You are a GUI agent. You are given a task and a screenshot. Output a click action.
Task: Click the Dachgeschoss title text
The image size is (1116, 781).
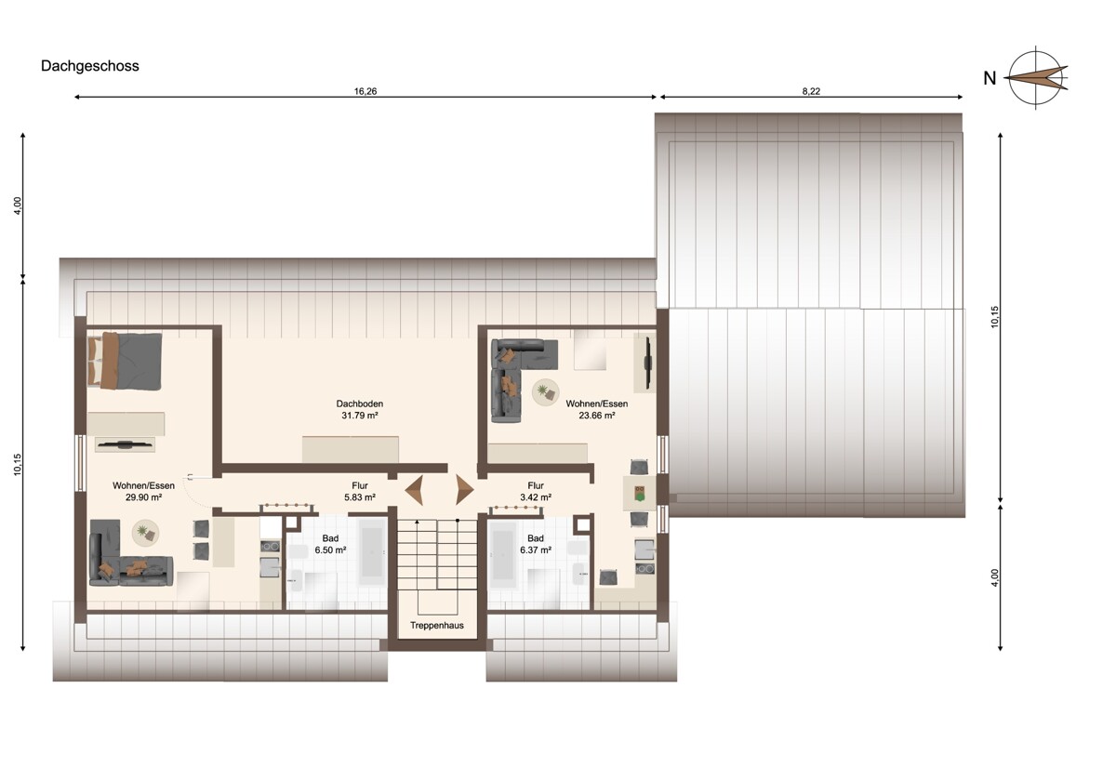coord(89,66)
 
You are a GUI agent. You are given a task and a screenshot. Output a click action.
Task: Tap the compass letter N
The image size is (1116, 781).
coord(990,79)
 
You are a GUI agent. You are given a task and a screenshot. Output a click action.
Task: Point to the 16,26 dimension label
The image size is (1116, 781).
coord(365,91)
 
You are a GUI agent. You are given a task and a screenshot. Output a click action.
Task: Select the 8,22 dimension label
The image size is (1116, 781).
coord(811,91)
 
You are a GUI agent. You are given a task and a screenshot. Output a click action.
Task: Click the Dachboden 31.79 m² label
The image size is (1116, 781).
coord(360,409)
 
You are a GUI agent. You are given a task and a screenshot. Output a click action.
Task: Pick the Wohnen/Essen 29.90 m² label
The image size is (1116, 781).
coord(143,491)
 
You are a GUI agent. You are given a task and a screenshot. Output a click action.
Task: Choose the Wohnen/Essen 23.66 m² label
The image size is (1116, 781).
coord(597,409)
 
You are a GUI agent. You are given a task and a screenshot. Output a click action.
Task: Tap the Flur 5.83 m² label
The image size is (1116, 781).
coord(360,491)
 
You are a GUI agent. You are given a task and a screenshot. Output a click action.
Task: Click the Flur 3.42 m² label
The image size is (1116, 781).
coord(536,491)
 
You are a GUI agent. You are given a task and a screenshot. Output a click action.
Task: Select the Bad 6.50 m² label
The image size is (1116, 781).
coord(330,544)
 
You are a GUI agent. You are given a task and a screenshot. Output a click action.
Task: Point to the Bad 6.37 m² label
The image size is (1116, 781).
coord(536,544)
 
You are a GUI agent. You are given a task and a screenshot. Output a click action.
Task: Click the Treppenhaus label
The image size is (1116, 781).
coord(437,625)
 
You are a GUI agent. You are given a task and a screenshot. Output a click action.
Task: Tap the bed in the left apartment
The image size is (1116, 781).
coord(125,361)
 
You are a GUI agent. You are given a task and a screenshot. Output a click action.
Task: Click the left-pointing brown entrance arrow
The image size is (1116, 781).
coord(414,490)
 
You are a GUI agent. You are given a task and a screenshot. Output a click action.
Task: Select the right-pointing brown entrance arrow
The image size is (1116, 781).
coord(464,490)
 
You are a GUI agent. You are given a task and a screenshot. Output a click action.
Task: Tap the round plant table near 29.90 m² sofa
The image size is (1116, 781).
coord(145,533)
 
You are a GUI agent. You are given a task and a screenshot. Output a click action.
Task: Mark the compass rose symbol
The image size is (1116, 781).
coord(1036,78)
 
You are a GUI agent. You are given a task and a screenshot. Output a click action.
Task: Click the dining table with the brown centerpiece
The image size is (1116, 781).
coord(639,493)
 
